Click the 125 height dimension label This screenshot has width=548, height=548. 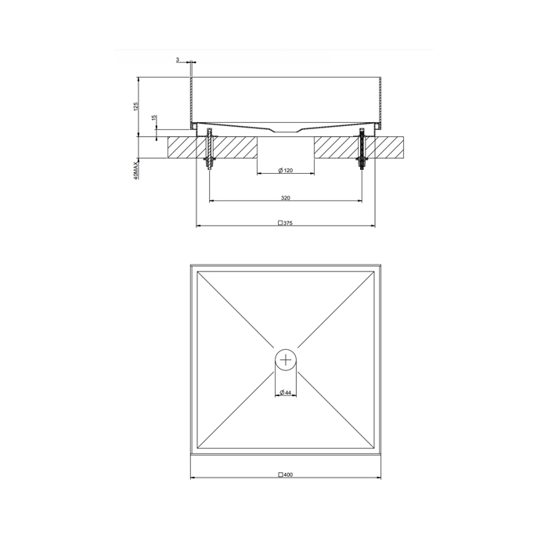coord(136,106)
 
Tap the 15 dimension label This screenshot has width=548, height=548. coord(154,117)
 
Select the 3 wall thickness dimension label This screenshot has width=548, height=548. coord(178,59)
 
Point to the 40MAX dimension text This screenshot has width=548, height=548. coord(136,170)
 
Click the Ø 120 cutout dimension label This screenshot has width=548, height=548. coord(286,170)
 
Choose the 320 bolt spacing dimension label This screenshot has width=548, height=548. coord(286,198)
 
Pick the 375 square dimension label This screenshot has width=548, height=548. coord(285,223)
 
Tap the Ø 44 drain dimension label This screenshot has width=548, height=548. coord(286,392)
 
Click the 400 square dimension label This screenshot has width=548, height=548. coord(285,474)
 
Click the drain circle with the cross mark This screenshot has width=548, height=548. coord(286,359)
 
